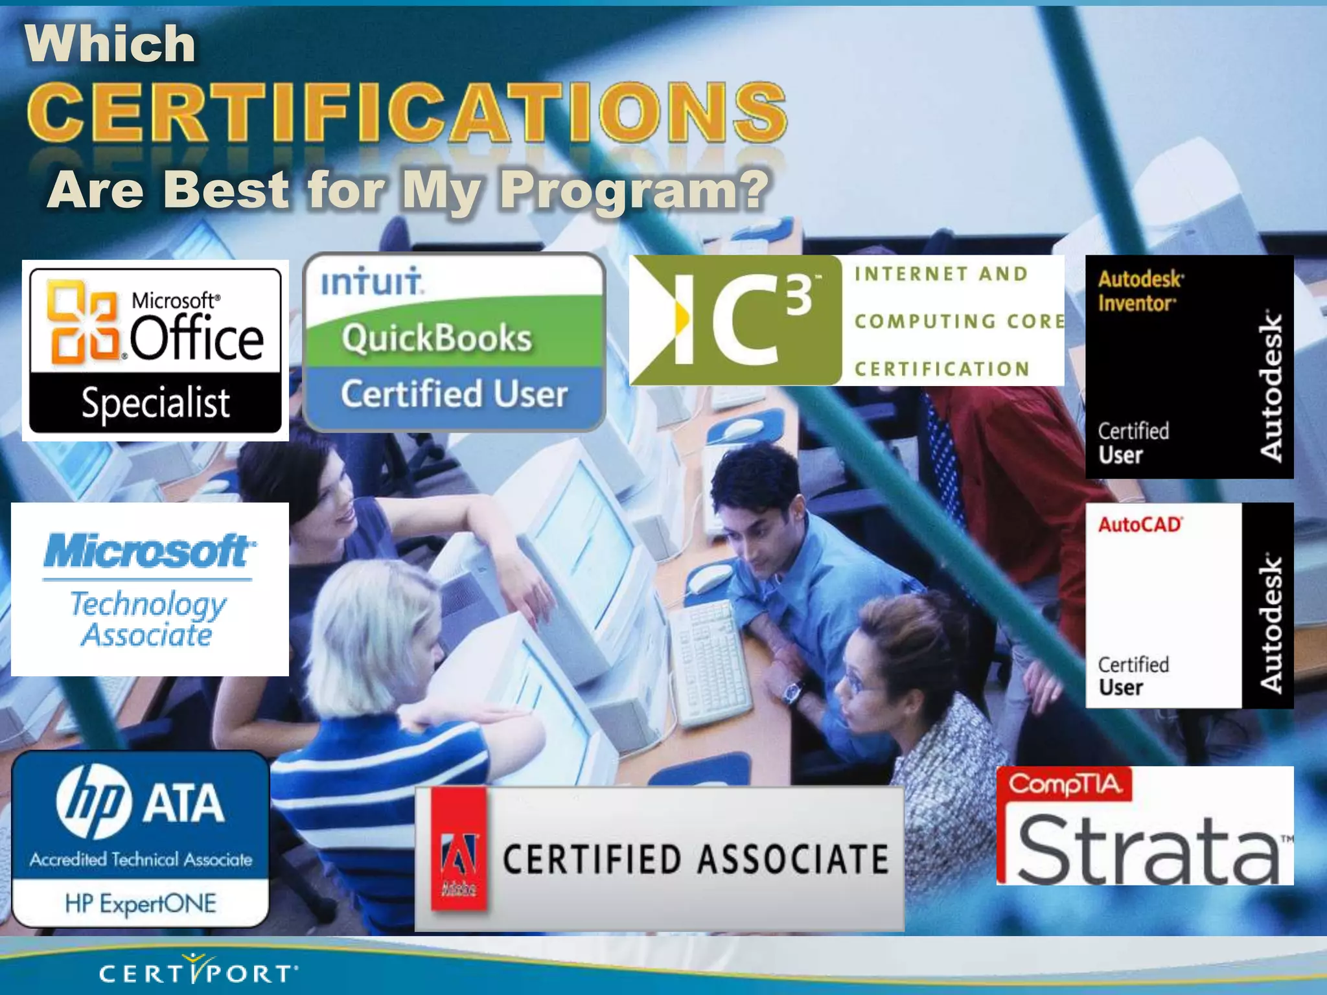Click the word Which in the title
(x=110, y=44)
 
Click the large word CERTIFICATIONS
(x=407, y=113)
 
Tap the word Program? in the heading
(x=635, y=190)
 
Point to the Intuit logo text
(x=372, y=282)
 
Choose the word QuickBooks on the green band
(x=437, y=338)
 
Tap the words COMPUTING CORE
(x=959, y=321)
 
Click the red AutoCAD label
(x=1140, y=525)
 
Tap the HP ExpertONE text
(x=141, y=903)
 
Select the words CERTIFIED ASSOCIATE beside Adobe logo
(x=695, y=860)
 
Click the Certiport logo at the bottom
(x=198, y=972)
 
